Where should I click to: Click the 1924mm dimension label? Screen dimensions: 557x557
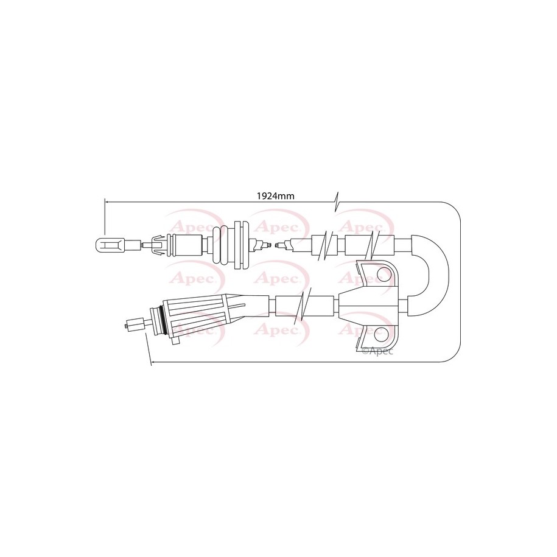[x=276, y=196]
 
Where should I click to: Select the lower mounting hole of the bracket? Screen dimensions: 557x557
[x=382, y=333]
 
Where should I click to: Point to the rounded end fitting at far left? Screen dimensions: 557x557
[x=110, y=245]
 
